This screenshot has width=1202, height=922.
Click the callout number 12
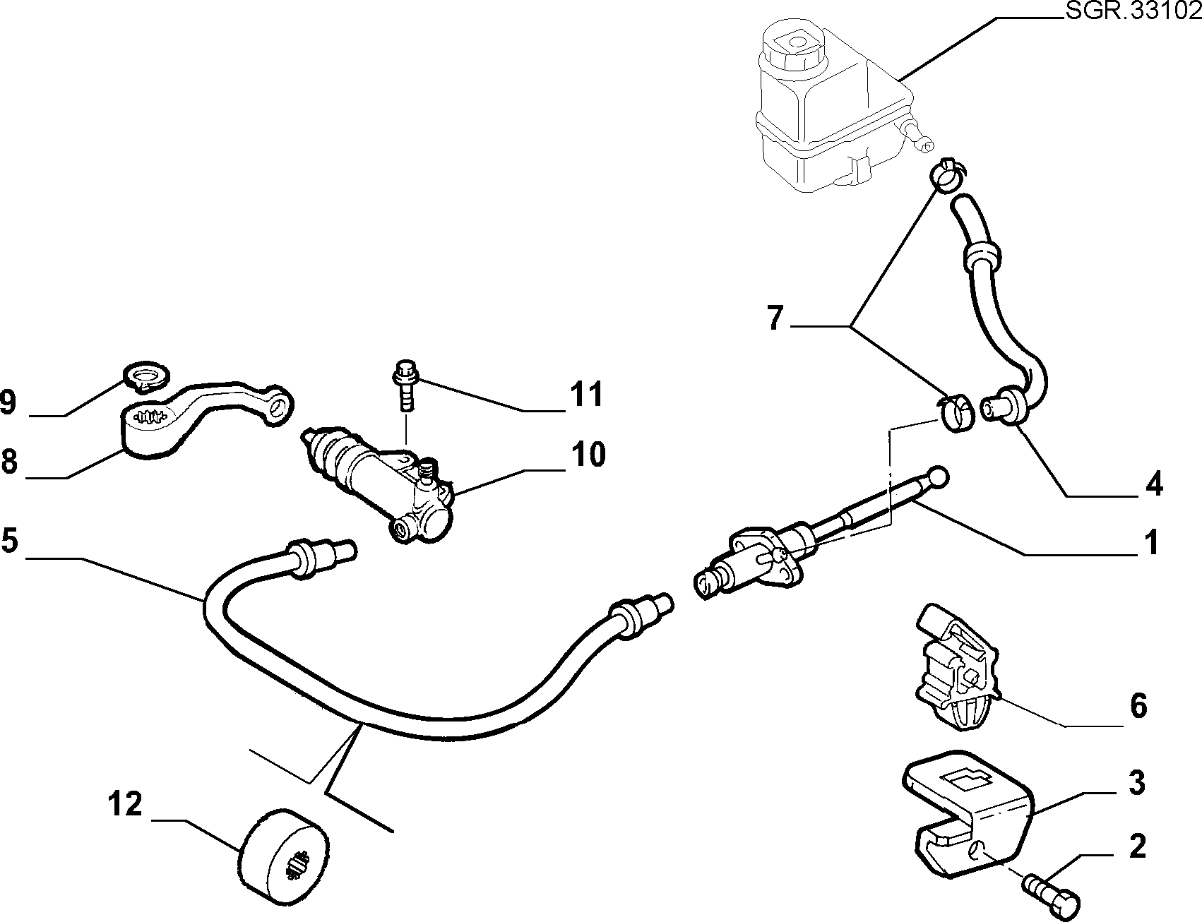126,804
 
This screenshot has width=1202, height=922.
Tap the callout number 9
8,402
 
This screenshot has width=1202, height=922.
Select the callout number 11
587,394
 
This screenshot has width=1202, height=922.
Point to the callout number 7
775,318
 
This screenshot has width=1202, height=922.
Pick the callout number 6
1138,706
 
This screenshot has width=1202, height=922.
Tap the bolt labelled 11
405,385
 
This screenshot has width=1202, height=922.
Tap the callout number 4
1153,485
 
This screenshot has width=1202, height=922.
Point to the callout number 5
9,540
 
